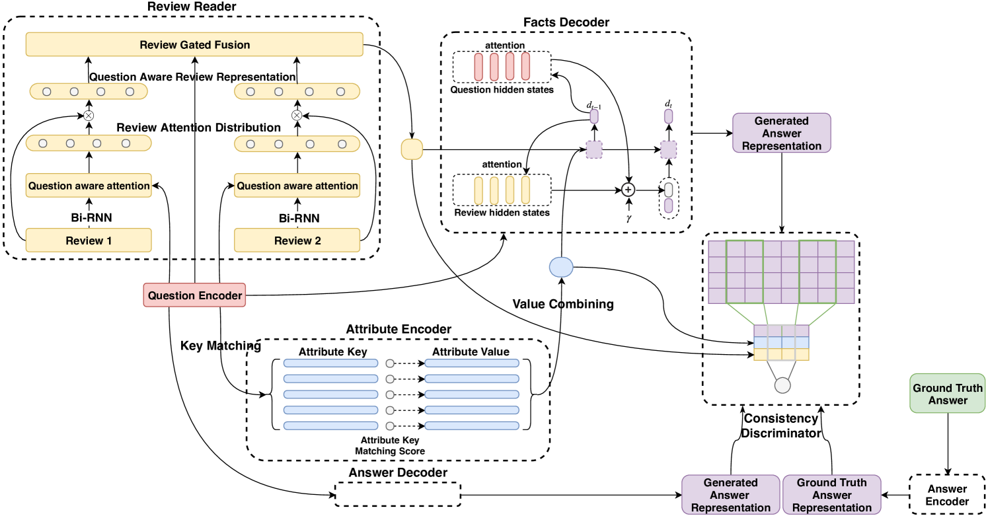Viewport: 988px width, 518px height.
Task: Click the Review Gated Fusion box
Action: click(x=194, y=45)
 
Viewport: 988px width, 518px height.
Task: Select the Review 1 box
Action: click(x=89, y=240)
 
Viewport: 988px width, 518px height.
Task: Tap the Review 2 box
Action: click(x=297, y=240)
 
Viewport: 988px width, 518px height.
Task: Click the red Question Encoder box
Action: click(x=195, y=295)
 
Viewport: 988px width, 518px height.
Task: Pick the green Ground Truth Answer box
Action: click(x=948, y=394)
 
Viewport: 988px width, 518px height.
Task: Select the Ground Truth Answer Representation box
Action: click(x=831, y=495)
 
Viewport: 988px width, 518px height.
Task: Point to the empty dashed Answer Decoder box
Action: click(x=398, y=494)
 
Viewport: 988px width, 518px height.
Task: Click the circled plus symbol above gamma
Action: click(x=628, y=190)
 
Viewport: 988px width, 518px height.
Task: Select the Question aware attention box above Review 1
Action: click(x=89, y=186)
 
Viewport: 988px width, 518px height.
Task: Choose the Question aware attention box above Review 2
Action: click(x=297, y=186)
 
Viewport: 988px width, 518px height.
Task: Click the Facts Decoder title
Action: click(x=566, y=22)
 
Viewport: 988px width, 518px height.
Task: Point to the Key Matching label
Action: click(x=221, y=346)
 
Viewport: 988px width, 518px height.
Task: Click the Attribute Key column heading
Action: click(x=332, y=351)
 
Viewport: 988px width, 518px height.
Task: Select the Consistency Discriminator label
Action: click(x=781, y=426)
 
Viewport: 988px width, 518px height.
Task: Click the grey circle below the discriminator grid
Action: click(x=782, y=386)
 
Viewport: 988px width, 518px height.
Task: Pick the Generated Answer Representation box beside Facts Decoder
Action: click(x=782, y=133)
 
